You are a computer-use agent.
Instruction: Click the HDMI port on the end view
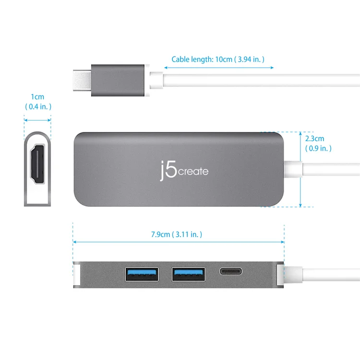(x=37, y=164)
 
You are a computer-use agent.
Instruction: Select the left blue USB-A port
(x=142, y=274)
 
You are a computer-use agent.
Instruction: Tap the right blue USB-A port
(x=189, y=274)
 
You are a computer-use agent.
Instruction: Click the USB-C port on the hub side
(x=231, y=271)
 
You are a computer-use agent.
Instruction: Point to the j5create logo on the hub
(x=184, y=170)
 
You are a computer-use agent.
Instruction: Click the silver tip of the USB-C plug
(x=82, y=80)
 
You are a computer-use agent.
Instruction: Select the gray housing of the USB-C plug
(x=118, y=80)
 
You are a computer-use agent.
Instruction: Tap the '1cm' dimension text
(x=37, y=97)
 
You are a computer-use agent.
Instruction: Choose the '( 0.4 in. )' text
(x=38, y=107)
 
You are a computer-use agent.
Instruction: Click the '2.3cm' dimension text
(x=314, y=139)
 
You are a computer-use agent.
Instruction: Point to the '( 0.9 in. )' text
(x=318, y=148)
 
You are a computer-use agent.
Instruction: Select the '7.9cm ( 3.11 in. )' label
(x=177, y=234)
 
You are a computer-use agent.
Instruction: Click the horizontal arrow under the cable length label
(x=219, y=68)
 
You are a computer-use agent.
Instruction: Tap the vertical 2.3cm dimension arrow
(x=300, y=169)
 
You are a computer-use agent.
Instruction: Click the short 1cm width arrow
(x=37, y=120)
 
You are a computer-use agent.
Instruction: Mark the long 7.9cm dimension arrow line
(x=179, y=242)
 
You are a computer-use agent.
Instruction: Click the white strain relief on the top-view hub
(x=293, y=169)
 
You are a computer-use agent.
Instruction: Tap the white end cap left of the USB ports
(x=77, y=275)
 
